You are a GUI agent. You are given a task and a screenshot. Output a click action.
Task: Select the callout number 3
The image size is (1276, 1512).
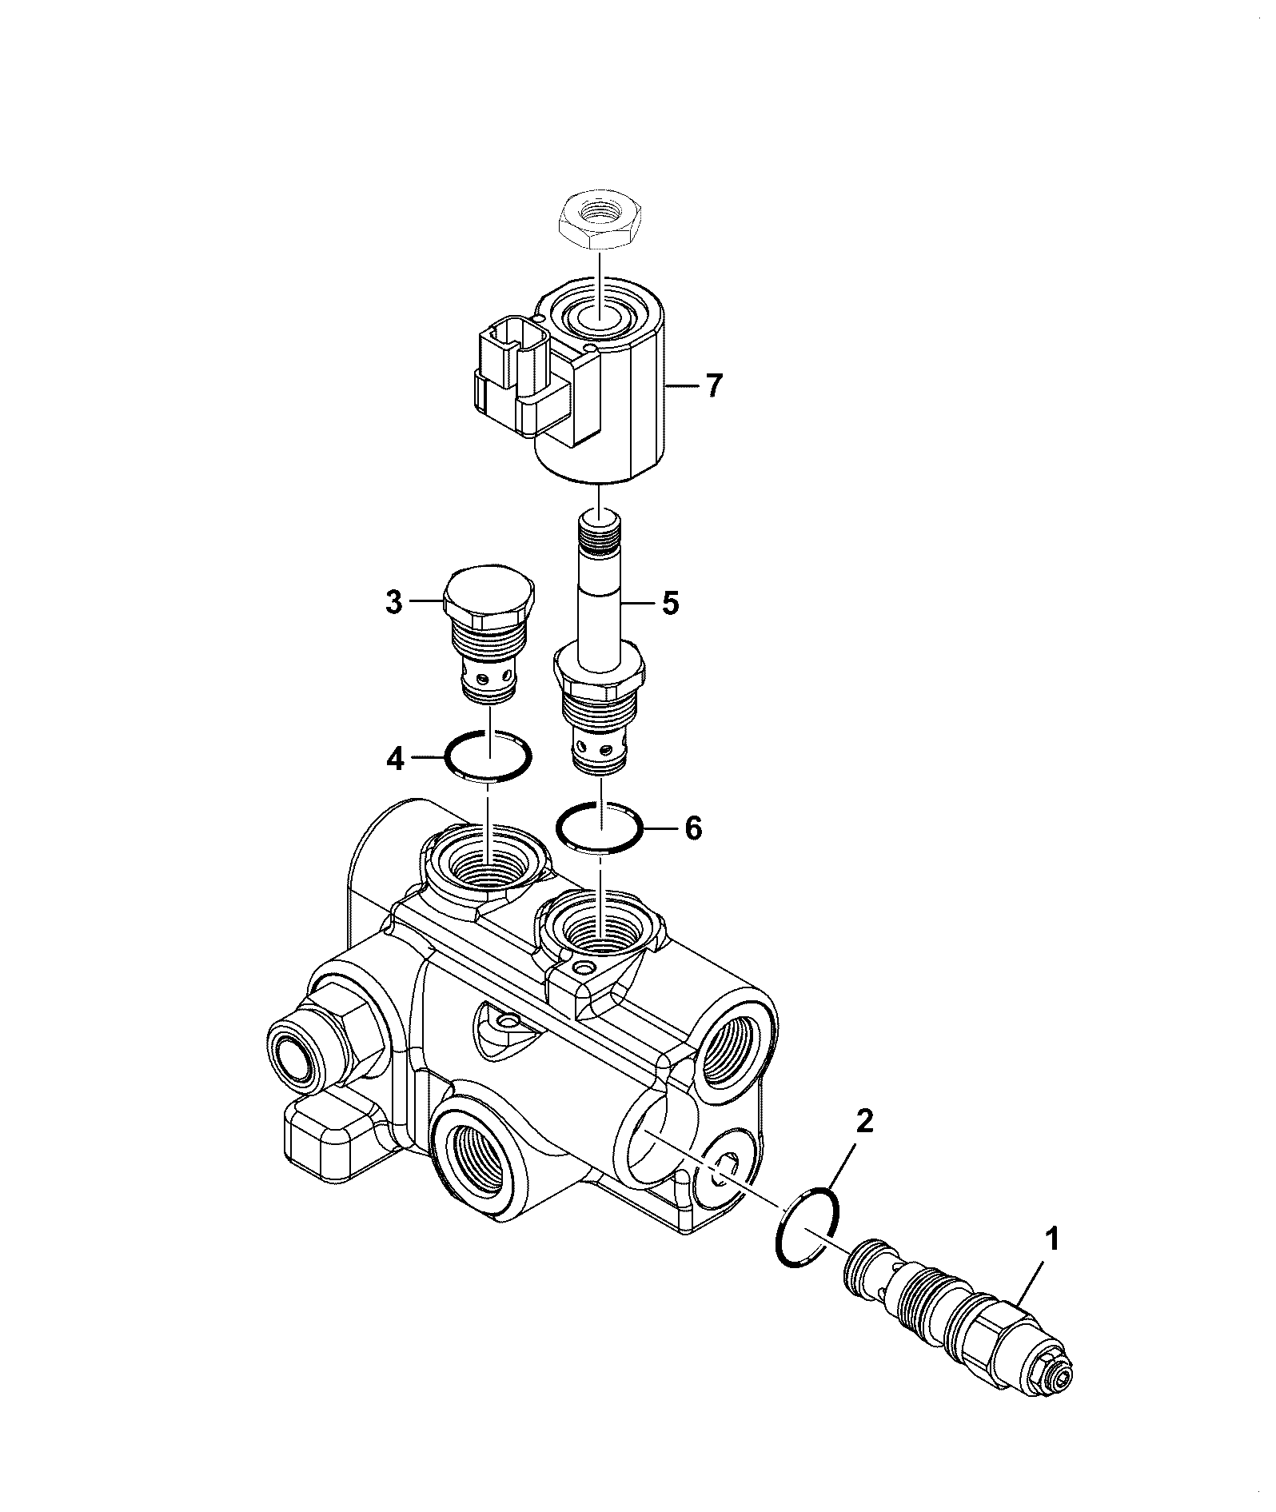pyautogui.click(x=393, y=602)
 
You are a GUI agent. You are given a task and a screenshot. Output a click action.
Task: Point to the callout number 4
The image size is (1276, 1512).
pyautogui.click(x=395, y=758)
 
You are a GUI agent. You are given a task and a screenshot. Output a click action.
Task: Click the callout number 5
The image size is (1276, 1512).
pyautogui.click(x=669, y=602)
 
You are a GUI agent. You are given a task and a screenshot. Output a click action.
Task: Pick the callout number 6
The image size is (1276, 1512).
pyautogui.click(x=693, y=828)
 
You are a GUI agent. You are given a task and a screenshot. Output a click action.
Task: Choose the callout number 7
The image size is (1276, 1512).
pyautogui.click(x=713, y=386)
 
